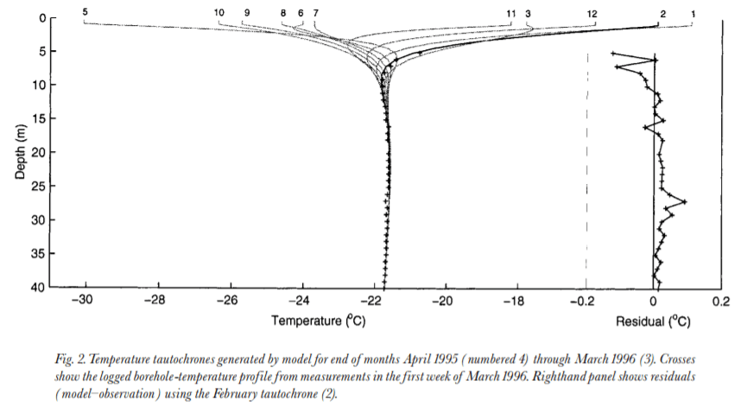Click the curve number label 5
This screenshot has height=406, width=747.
pyautogui.click(x=85, y=11)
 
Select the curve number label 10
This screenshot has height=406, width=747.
pyautogui.click(x=218, y=12)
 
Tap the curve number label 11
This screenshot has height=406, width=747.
pyautogui.click(x=511, y=14)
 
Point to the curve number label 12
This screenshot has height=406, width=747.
pyautogui.click(x=592, y=14)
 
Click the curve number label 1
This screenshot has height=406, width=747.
pyautogui.click(x=693, y=14)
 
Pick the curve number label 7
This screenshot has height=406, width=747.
pyautogui.click(x=316, y=14)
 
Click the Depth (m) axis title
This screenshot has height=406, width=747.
pyautogui.click(x=21, y=151)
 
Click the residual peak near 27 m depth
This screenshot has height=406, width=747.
pyautogui.click(x=685, y=201)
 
